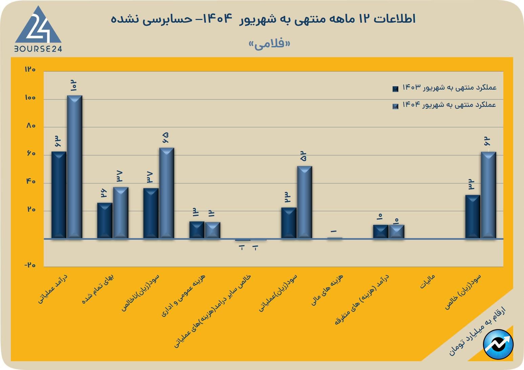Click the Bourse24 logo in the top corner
(x=38, y=30)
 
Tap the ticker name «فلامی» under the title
(x=270, y=44)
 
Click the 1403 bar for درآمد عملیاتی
(x=59, y=195)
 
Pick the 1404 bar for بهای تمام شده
(x=121, y=213)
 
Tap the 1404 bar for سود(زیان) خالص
(x=488, y=195)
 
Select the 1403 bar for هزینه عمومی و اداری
(x=197, y=230)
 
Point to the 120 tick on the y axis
(x=30, y=70)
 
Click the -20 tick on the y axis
(x=30, y=265)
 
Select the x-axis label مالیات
(x=427, y=282)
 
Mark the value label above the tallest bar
(x=74, y=86)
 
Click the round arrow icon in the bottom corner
(x=498, y=344)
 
